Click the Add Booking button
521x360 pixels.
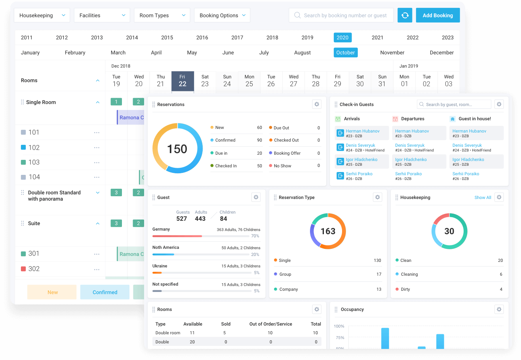[437, 15]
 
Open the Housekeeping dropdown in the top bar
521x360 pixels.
[42, 15]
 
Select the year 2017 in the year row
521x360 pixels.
[237, 38]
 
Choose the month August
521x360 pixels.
[302, 53]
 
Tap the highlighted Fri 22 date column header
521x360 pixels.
[183, 81]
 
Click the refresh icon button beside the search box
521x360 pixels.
[405, 15]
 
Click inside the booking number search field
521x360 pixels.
[344, 15]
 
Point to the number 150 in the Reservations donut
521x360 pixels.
[177, 149]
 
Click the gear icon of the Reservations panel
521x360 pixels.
[317, 104]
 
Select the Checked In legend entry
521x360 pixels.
[226, 166]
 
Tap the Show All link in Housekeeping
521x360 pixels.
[483, 197]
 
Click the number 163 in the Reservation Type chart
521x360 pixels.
[328, 231]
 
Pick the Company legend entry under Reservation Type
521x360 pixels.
[288, 289]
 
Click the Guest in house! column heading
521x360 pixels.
[474, 119]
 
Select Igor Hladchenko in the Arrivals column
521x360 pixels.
[361, 159]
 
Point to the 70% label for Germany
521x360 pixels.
[255, 236]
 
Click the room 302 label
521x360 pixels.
[34, 269]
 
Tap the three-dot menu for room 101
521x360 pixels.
[97, 133]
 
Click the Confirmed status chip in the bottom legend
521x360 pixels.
[105, 292]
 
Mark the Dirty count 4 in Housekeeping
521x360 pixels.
[501, 289]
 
